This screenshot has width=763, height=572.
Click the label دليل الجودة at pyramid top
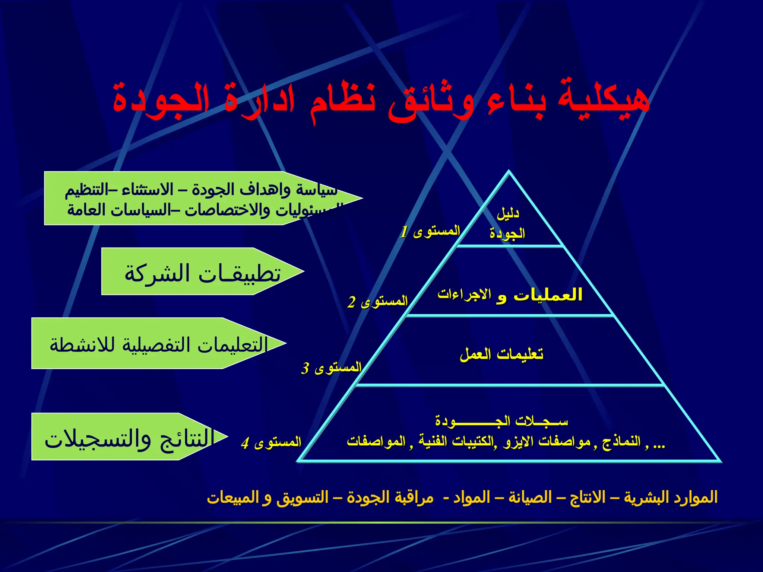click(x=507, y=223)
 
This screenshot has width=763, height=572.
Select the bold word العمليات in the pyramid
click(x=548, y=295)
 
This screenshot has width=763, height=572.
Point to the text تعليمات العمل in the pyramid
click(x=501, y=354)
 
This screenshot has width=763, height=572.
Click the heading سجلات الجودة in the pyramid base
click(x=501, y=421)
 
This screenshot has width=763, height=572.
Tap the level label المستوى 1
click(x=430, y=231)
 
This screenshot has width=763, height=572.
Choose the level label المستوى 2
click(x=378, y=301)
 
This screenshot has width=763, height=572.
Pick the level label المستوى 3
click(x=332, y=368)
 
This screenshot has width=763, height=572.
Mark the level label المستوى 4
click(x=271, y=442)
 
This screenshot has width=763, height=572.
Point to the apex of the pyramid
click(x=509, y=172)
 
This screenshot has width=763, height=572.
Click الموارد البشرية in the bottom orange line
click(x=671, y=498)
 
